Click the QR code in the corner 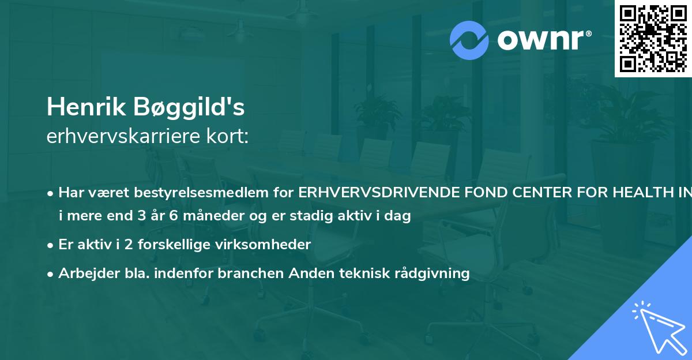[653, 38]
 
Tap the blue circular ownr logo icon [469, 40]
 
